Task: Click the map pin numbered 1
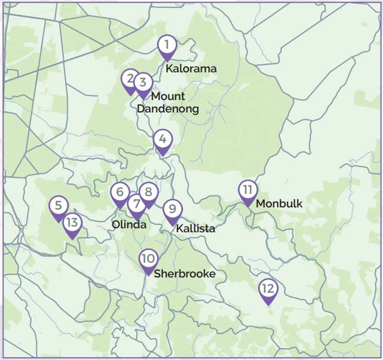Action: click(x=167, y=46)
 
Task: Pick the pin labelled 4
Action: click(x=163, y=140)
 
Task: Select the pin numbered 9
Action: click(x=172, y=210)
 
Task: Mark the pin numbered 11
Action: click(x=248, y=191)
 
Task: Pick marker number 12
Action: click(x=268, y=290)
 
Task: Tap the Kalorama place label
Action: click(x=191, y=68)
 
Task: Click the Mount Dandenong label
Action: click(x=168, y=102)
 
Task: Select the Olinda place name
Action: click(x=129, y=225)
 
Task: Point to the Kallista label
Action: click(x=195, y=229)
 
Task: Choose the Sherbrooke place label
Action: click(x=184, y=274)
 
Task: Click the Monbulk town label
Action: click(x=279, y=203)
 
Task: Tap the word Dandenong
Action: click(x=168, y=109)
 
